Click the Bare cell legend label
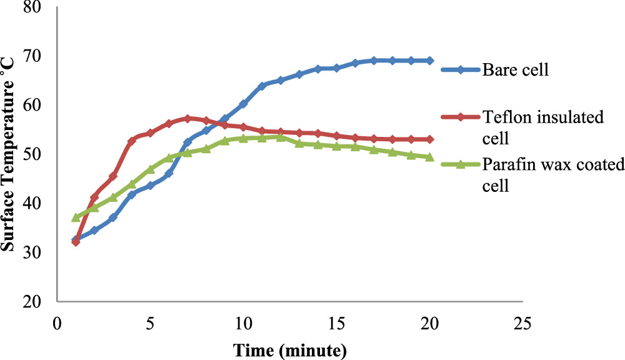point(515,69)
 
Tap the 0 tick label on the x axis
point(57,325)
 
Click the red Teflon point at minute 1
point(76,242)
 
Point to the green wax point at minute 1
point(76,217)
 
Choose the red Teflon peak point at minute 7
point(187,118)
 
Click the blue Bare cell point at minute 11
point(262,86)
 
